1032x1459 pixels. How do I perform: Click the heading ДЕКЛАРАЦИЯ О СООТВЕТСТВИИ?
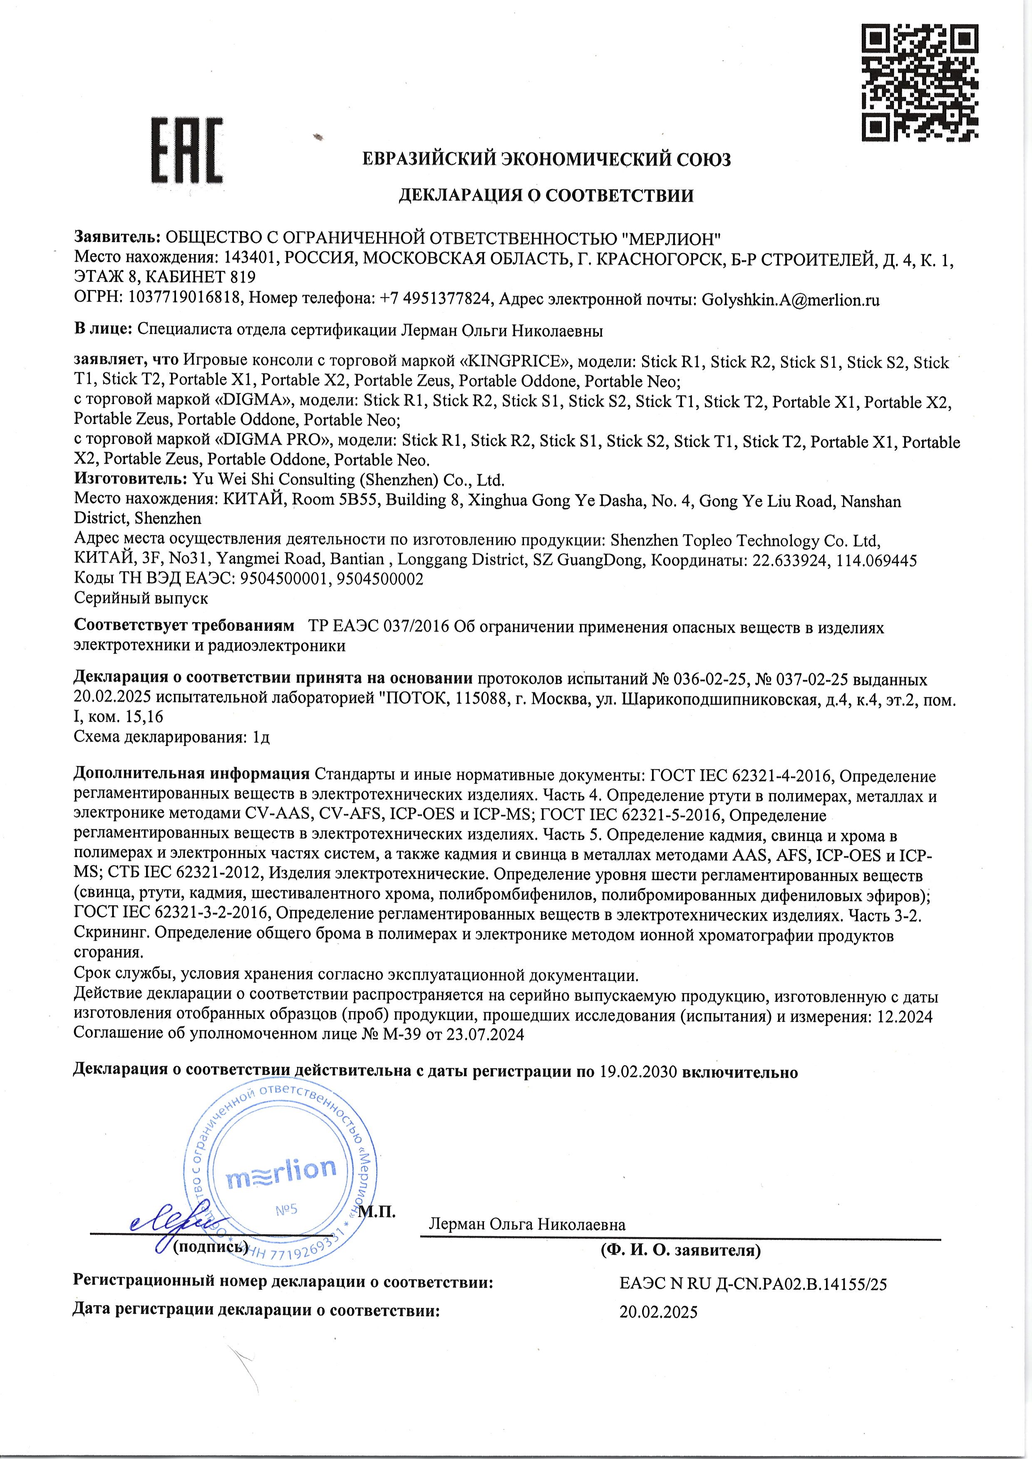pos(546,196)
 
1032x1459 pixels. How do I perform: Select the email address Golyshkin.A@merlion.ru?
pos(791,300)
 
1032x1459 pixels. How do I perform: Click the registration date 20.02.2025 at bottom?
pos(658,1312)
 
